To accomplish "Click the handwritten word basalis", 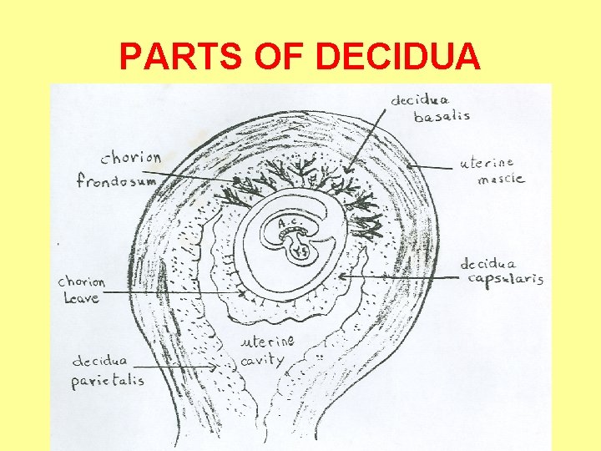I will point(442,116).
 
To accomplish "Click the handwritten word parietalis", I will point(108,379).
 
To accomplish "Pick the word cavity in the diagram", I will point(262,360).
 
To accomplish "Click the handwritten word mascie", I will point(498,179).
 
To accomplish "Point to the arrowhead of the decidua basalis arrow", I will point(350,170).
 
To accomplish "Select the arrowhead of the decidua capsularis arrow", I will point(340,276).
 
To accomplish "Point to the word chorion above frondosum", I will point(131,157).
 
